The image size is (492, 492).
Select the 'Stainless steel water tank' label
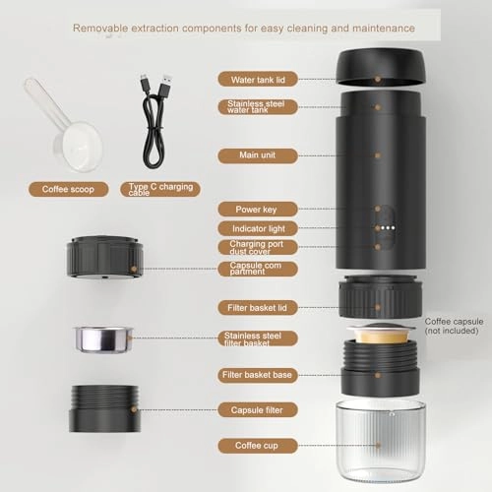[x=254, y=107]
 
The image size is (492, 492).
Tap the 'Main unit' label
[x=254, y=155]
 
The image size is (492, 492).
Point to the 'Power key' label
[x=254, y=209]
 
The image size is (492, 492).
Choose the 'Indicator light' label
[x=254, y=228]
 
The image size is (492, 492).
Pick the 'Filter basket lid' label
[x=254, y=308]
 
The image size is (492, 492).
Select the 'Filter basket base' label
[x=254, y=375]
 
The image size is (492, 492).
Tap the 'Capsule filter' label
[x=254, y=409]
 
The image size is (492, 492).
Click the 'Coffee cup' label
[x=254, y=445]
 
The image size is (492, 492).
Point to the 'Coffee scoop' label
[x=68, y=188]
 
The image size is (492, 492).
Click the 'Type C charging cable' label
[x=161, y=188]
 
